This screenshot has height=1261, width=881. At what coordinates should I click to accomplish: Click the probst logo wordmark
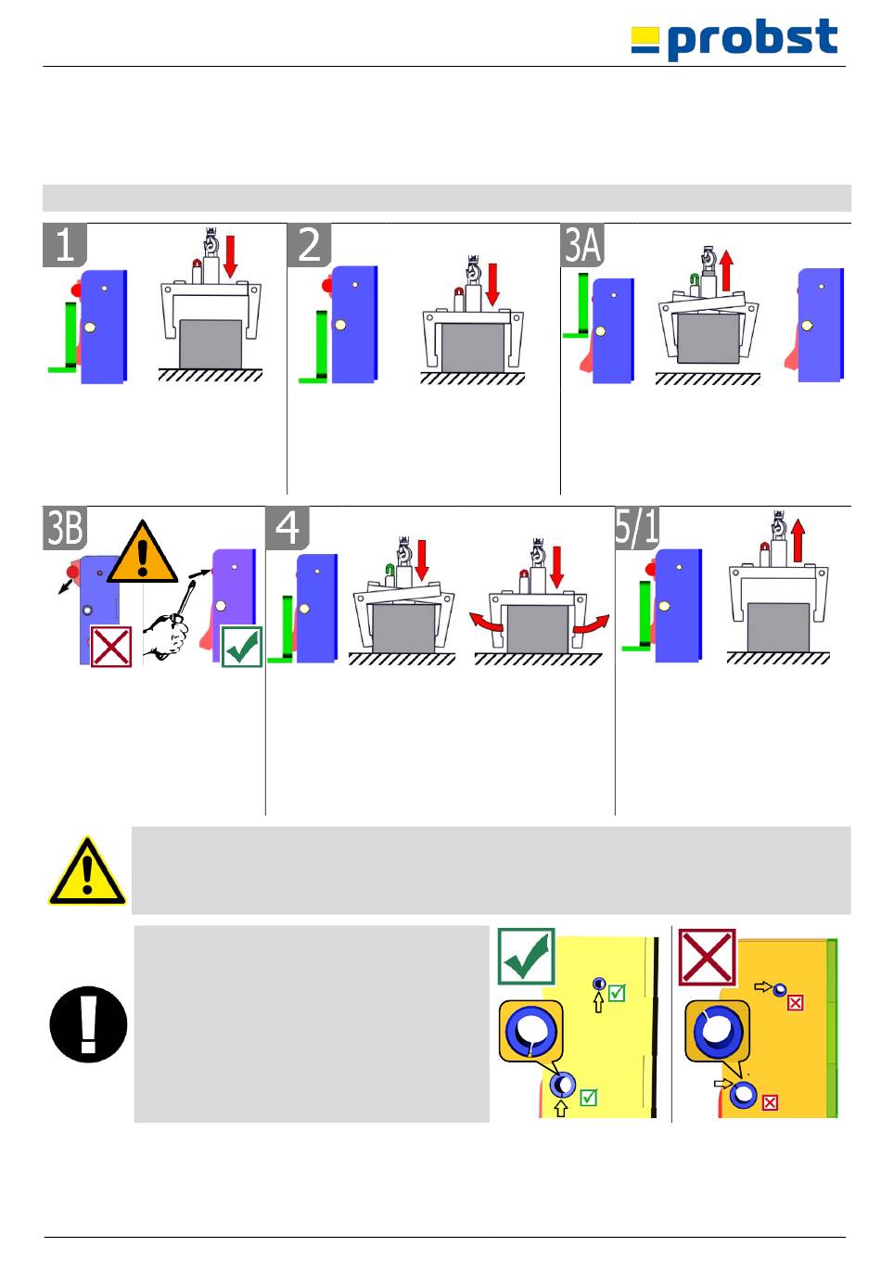(x=734, y=38)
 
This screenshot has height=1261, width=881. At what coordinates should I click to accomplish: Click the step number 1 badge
(x=65, y=245)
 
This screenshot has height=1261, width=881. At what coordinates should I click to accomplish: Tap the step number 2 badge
(x=309, y=245)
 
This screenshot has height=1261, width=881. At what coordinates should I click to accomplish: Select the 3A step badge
(x=582, y=245)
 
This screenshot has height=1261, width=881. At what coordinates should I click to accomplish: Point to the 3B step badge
(x=65, y=528)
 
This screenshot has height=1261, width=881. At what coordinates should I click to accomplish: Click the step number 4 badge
(x=287, y=528)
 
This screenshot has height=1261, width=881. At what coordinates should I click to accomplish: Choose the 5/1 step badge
(x=637, y=528)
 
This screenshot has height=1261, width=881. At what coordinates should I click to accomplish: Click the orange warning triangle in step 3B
(x=142, y=552)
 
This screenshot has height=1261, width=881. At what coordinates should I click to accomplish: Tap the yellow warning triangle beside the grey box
(x=87, y=871)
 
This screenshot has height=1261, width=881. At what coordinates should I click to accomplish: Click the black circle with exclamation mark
(x=88, y=1024)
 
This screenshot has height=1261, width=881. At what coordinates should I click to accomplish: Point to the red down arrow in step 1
(x=230, y=257)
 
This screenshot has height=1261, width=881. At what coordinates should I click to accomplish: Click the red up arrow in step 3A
(x=727, y=271)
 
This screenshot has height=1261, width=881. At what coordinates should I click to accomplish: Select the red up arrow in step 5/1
(x=798, y=540)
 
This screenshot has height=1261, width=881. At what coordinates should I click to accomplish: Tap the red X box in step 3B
(x=111, y=646)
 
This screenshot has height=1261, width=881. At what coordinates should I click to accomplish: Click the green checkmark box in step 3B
(x=242, y=646)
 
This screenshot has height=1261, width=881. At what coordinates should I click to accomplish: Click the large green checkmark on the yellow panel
(x=527, y=957)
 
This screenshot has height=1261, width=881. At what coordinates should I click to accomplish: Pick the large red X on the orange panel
(x=708, y=957)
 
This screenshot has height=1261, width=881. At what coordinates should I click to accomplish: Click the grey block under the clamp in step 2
(x=473, y=348)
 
